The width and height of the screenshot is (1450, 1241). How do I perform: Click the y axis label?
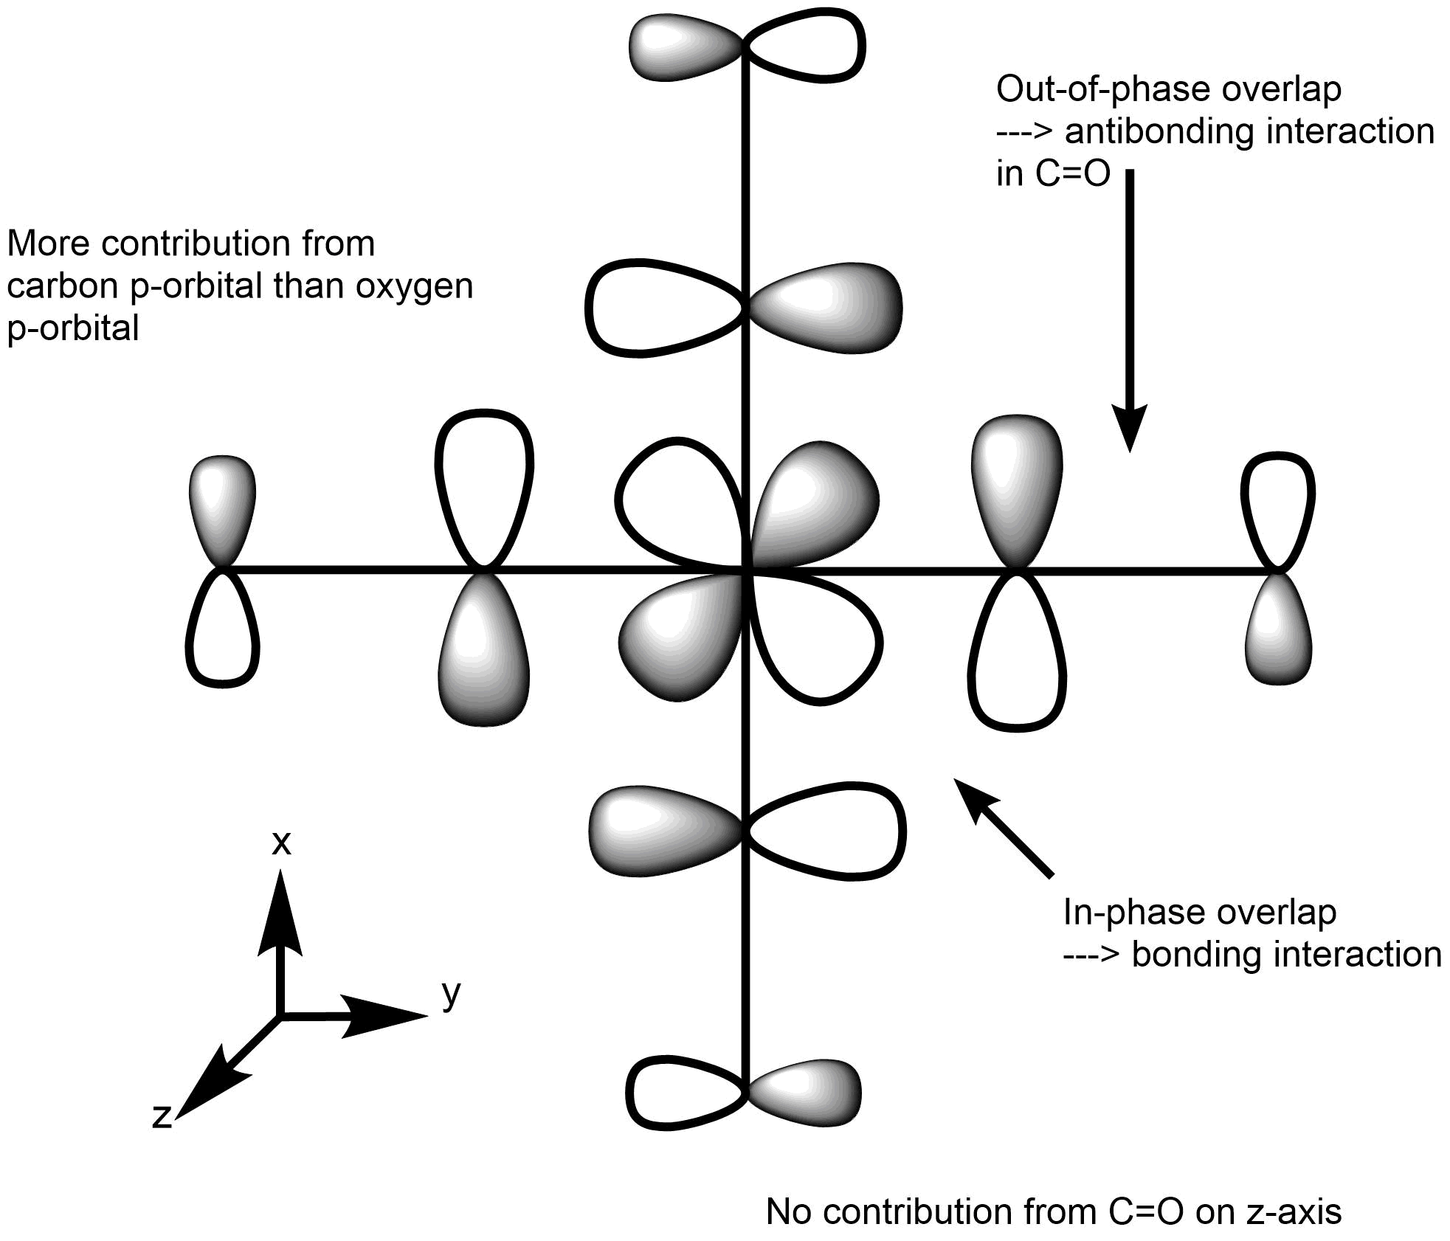tap(452, 995)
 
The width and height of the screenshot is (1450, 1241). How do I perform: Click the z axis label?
tap(162, 1116)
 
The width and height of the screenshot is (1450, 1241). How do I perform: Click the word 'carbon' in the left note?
tap(61, 286)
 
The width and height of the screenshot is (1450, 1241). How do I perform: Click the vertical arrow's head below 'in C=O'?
tap(1129, 428)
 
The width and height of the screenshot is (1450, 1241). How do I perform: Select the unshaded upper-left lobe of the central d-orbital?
tap(679, 502)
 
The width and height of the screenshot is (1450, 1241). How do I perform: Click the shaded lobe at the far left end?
tap(222, 509)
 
